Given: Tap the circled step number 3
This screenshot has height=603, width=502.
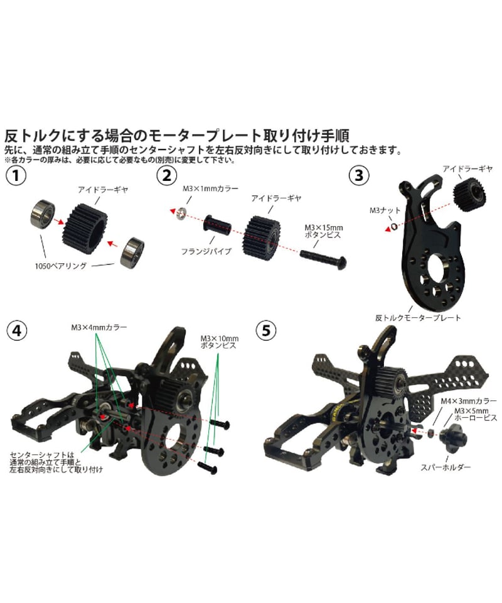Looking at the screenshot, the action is pos(359,175).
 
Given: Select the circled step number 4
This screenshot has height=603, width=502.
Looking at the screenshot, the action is pos(17,331).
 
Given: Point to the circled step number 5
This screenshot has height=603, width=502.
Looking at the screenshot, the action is pos(266,330).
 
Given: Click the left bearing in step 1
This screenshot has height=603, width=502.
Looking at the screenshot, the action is pos(43,214).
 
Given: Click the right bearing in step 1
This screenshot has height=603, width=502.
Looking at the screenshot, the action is pos(132,252).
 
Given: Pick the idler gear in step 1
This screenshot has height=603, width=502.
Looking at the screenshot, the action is pos(85,224).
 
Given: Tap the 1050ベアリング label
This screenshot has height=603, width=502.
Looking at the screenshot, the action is pos(61,266).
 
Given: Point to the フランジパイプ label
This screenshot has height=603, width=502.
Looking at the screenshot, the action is pos(206,251).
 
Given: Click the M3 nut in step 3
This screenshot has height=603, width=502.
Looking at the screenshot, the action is pos(393,227).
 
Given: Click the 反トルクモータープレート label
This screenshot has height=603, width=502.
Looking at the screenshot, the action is pos(418,318).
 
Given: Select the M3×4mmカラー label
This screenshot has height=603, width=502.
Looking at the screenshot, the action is pos(99,327).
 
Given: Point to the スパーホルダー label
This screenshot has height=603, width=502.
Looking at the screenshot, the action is pos(446,467).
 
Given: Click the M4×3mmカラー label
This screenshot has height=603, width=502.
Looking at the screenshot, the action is pos(469,401).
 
